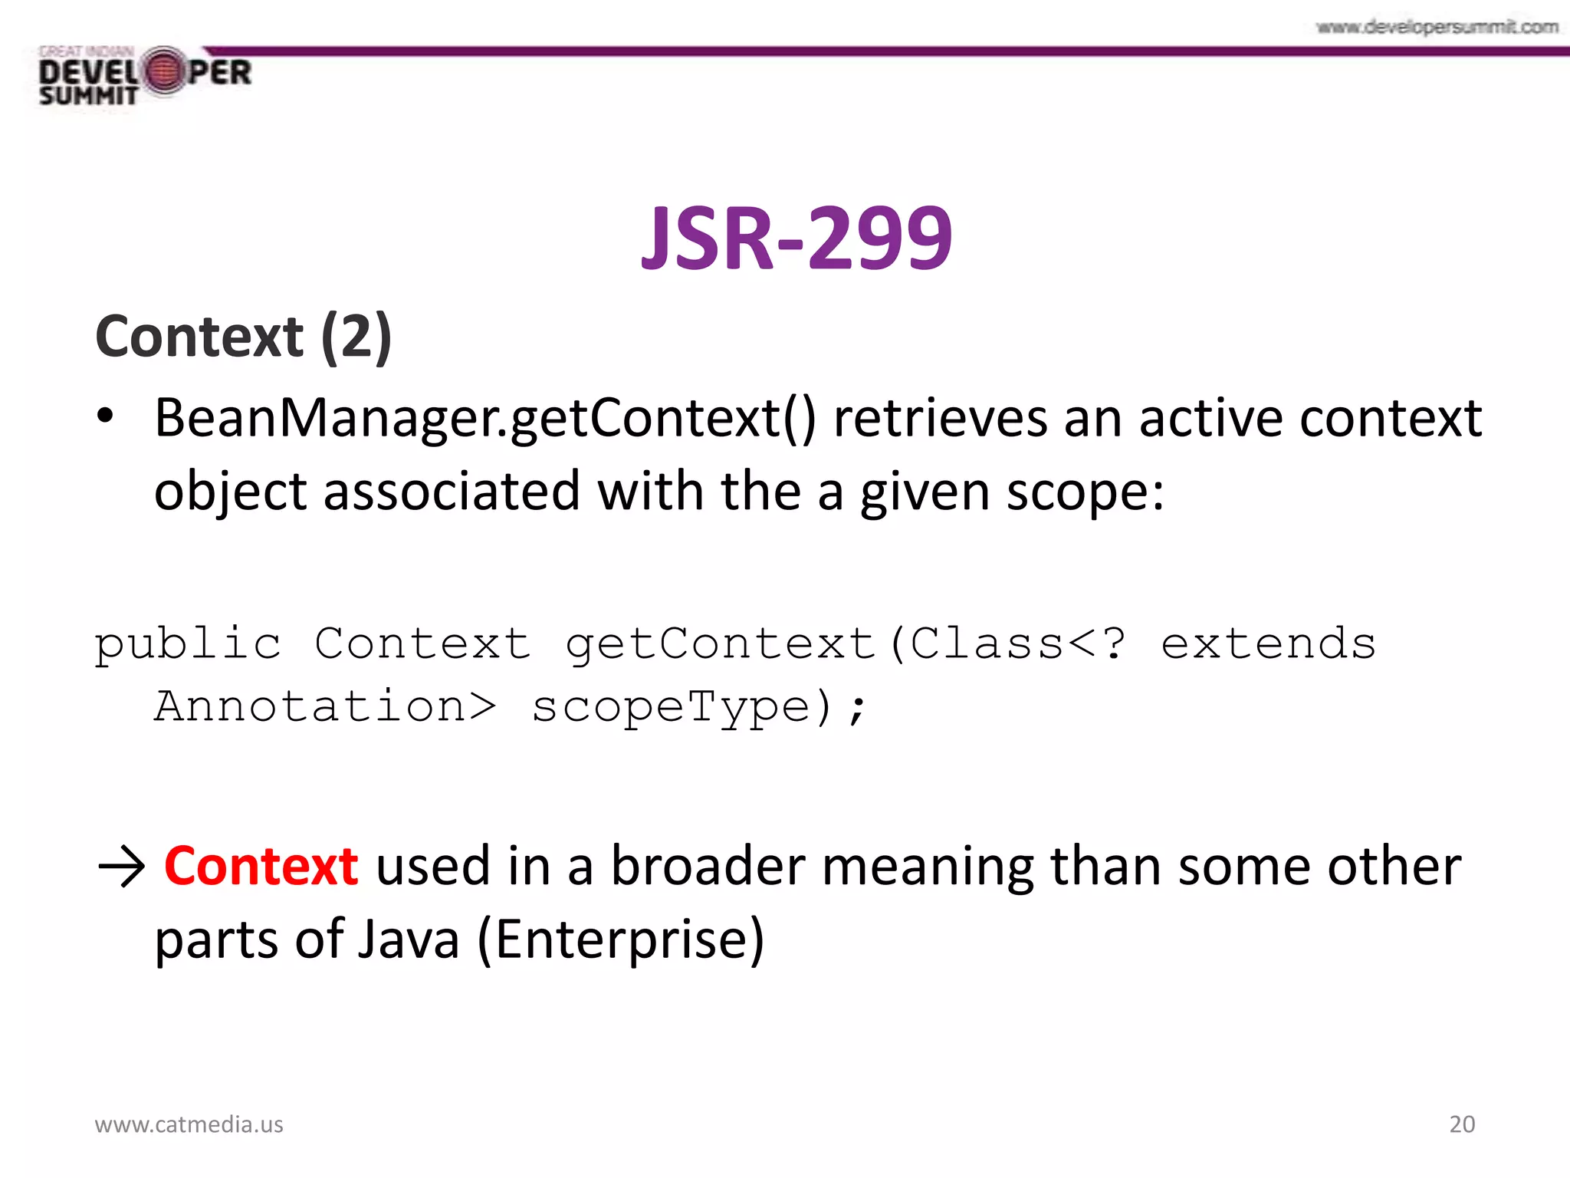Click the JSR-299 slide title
pyautogui.click(x=796, y=239)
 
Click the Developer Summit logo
pyautogui.click(x=145, y=76)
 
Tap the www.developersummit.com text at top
pyautogui.click(x=1437, y=28)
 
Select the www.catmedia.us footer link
pyautogui.click(x=189, y=1124)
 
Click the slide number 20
pyautogui.click(x=1461, y=1124)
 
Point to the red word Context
pyautogui.click(x=261, y=867)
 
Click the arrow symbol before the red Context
pyautogui.click(x=121, y=868)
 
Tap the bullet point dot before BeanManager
pyautogui.click(x=105, y=418)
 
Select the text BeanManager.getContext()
pyautogui.click(x=484, y=420)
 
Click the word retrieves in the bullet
pyautogui.click(x=940, y=420)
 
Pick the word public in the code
pyautogui.click(x=188, y=644)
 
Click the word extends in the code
pyautogui.click(x=1268, y=644)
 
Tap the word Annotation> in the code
pyautogui.click(x=325, y=707)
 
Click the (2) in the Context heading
pyautogui.click(x=356, y=337)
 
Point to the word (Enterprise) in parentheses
pyautogui.click(x=621, y=940)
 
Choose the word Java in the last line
pyautogui.click(x=408, y=940)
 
